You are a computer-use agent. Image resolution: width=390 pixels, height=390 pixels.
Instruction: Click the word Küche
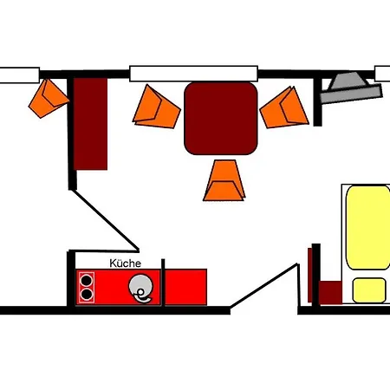click(126, 263)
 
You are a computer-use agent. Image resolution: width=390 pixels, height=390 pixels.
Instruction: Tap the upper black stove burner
click(87, 281)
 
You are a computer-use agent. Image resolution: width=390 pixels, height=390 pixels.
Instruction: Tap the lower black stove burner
click(87, 295)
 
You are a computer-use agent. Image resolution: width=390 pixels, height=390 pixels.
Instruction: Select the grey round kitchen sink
click(140, 287)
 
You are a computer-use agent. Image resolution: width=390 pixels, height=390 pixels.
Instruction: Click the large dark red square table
click(221, 118)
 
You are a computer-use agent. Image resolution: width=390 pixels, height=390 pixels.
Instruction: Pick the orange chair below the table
click(224, 180)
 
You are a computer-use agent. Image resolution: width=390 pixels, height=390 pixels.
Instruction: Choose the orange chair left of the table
click(156, 107)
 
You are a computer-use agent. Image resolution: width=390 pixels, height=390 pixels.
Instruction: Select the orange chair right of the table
click(284, 108)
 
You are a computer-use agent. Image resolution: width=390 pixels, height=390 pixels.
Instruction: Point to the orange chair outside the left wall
click(49, 98)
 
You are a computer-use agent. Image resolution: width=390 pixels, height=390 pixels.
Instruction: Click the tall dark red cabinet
click(90, 124)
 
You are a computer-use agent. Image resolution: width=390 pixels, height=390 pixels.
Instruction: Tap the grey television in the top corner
click(351, 88)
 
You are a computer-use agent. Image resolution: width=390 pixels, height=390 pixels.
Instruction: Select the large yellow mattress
click(368, 228)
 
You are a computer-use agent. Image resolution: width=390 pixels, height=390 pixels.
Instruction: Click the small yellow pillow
click(369, 290)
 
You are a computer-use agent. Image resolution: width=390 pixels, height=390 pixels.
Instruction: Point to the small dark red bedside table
click(330, 292)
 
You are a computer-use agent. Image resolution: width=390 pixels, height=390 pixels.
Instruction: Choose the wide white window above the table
click(193, 74)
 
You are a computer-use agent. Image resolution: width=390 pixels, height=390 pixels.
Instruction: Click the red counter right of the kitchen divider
click(185, 287)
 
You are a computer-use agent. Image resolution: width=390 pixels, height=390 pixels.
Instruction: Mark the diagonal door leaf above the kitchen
click(106, 219)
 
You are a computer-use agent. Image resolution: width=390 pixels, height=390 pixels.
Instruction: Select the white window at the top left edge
click(20, 75)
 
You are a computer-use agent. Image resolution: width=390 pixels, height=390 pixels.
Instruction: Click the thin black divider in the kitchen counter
click(163, 283)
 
